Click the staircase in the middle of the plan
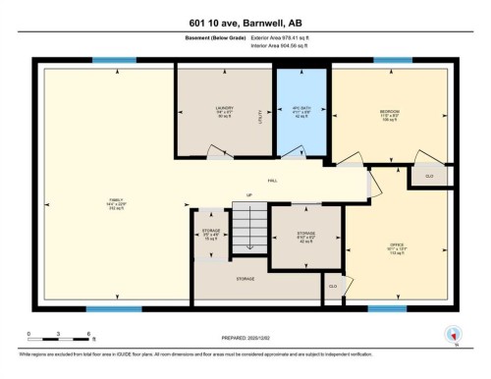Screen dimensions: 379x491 click(x=248, y=225)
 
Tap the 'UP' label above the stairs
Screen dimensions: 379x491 click(x=249, y=196)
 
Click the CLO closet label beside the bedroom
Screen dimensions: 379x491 click(x=428, y=175)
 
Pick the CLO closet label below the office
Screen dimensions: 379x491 click(x=334, y=286)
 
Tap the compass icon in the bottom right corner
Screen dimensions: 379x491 click(x=453, y=334)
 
